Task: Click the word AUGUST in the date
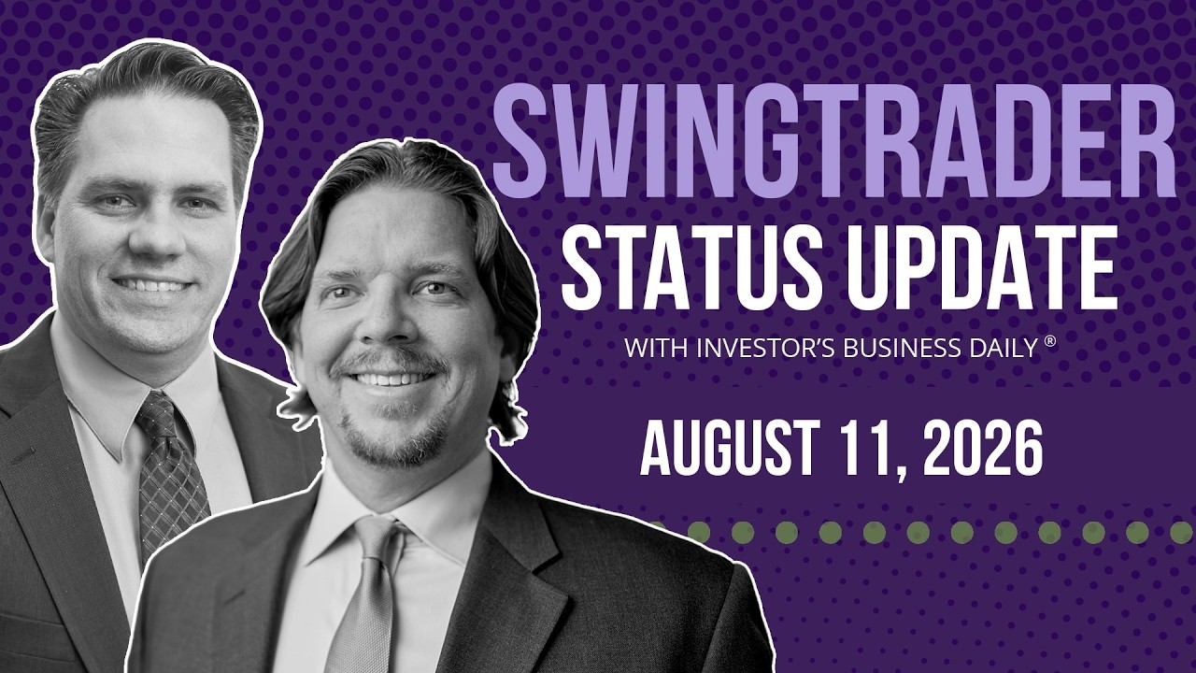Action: [x=730, y=448]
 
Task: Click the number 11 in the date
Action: [x=866, y=448]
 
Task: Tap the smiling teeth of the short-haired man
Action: [x=152, y=286]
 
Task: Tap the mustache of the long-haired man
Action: [x=388, y=362]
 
